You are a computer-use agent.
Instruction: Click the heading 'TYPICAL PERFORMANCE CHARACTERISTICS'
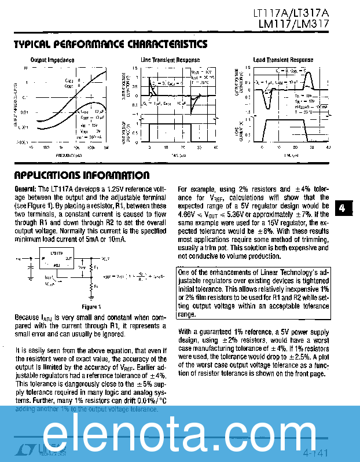110,45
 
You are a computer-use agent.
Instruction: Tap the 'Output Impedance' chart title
52,60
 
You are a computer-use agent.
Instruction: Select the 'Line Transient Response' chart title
170,60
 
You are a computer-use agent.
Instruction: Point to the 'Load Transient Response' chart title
283,60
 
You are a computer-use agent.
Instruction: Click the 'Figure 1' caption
91,306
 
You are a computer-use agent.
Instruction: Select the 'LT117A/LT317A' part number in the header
291,13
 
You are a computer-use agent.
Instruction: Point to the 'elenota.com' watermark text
180,432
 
